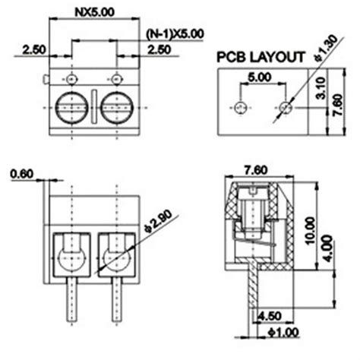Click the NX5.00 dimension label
point(94,11)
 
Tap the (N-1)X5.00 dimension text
point(175,33)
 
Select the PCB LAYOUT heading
point(261,57)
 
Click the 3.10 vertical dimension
point(321,88)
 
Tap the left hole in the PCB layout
point(241,108)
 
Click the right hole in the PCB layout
point(286,108)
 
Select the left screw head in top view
point(72,108)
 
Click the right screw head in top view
point(117,108)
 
